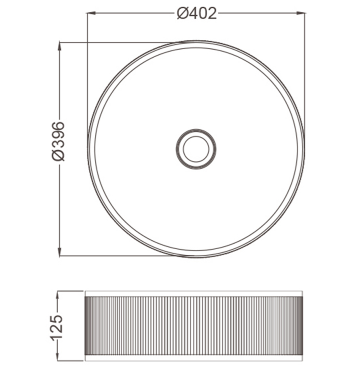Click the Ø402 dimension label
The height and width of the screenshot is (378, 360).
click(197, 14)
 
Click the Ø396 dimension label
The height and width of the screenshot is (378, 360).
click(58, 141)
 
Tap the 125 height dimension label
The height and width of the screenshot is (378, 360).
click(57, 326)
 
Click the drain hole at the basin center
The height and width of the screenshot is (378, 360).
click(196, 149)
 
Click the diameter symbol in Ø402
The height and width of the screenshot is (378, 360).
click(183, 14)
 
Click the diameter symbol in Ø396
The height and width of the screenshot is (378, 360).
click(58, 155)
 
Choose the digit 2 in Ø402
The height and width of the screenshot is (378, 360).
click(212, 14)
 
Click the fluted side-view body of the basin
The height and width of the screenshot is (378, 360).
click(193, 325)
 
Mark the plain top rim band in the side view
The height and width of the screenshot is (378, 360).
click(193, 294)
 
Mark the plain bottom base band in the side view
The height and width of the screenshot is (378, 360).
click(193, 357)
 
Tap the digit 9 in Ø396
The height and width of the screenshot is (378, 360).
click(58, 136)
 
